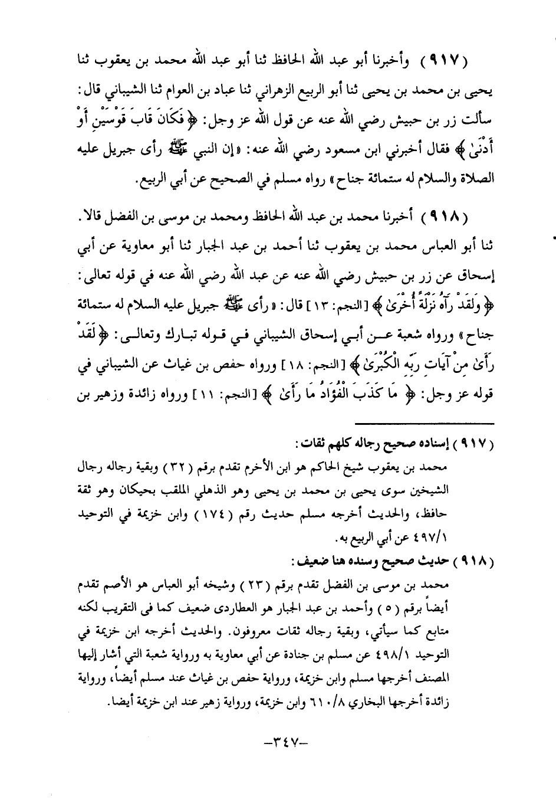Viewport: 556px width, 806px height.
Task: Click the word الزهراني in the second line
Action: coord(267,93)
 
